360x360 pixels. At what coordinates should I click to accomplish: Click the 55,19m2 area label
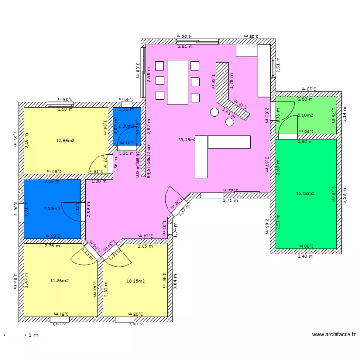186,140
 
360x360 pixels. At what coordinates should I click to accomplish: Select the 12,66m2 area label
65,141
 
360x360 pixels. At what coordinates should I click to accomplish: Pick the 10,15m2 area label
135,281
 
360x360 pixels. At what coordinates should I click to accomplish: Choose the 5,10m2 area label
305,116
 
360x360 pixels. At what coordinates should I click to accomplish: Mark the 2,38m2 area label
126,126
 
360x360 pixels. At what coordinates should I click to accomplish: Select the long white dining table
177,82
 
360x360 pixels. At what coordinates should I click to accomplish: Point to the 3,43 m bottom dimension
136,324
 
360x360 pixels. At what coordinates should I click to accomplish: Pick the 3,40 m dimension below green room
305,256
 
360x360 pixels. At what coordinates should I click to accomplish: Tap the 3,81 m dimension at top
185,47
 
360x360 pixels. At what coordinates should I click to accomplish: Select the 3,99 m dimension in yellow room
65,109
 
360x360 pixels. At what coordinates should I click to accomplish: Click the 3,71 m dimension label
230,200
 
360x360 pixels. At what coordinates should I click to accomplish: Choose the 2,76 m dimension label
52,246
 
